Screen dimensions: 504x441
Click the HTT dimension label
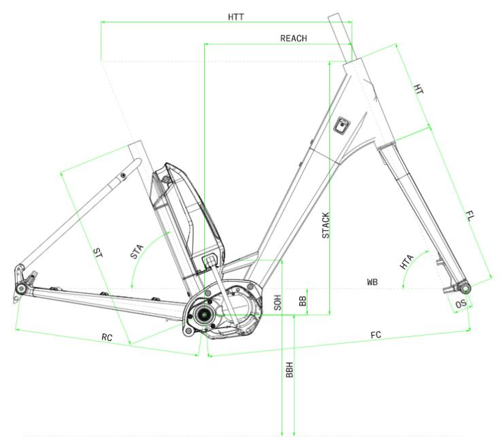pos(236,17)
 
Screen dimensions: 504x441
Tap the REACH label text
pos(294,38)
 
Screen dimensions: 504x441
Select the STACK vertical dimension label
pos(325,226)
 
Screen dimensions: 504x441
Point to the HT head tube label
pos(418,89)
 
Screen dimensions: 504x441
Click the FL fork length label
pos(470,216)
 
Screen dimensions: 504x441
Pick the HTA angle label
pos(406,262)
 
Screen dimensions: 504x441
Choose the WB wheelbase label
pos(373,282)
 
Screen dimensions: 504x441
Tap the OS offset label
pos(461,304)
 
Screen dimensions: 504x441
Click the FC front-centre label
pos(376,335)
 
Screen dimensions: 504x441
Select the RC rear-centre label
pos(107,337)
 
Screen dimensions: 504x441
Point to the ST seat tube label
pos(99,253)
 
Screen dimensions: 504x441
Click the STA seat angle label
pos(136,252)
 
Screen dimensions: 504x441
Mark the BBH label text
pos(290,370)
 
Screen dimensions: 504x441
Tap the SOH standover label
pos(278,303)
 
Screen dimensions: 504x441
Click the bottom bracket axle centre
pos(204,315)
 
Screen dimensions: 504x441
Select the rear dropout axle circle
pos(21,289)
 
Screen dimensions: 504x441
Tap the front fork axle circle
pos(466,289)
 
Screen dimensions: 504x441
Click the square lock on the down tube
pos(342,126)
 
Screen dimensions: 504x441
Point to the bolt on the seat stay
pos(123,175)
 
